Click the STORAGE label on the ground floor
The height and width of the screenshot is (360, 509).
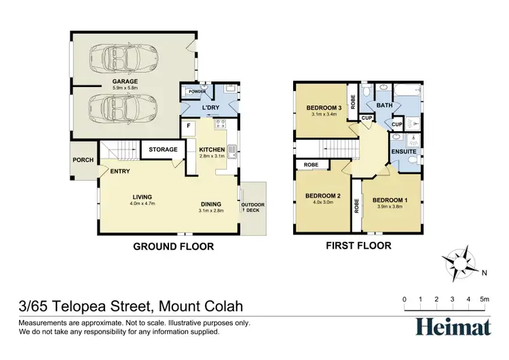click(163, 149)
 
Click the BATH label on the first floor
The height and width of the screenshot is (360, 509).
click(385, 106)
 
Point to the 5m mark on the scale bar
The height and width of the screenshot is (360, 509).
click(485, 300)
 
